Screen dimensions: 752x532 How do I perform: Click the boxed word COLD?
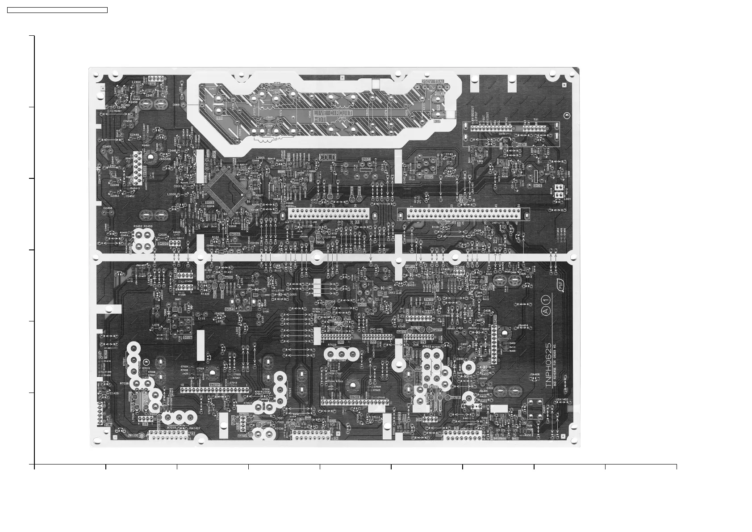click(328, 157)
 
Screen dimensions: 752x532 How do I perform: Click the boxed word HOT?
click(320, 120)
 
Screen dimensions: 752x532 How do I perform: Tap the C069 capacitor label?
click(176, 105)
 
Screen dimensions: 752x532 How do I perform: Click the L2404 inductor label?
click(137, 82)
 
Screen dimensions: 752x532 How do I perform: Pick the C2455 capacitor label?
click(107, 147)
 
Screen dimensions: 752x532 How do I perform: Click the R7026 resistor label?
click(124, 384)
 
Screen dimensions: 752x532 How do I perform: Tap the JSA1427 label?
click(195, 428)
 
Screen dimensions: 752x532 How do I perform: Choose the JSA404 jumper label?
click(523, 325)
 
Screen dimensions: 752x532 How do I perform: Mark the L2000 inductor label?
click(171, 194)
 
